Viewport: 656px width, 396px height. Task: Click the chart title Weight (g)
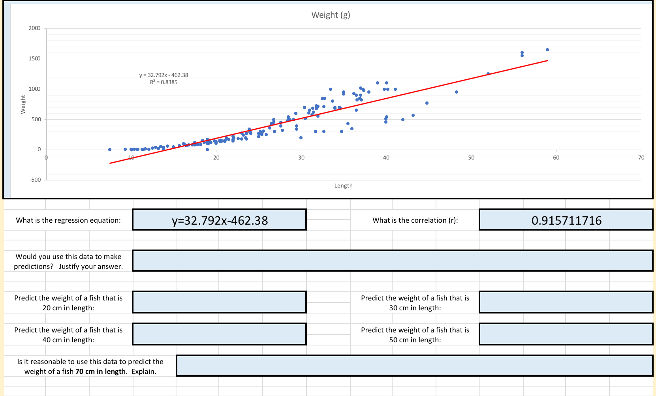point(331,15)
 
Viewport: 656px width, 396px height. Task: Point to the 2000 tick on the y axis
point(34,28)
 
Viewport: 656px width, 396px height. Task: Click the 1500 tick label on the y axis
point(34,58)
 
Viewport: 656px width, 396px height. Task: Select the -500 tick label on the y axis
point(35,180)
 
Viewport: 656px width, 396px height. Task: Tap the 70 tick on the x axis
point(641,158)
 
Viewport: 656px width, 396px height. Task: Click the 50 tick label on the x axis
point(471,158)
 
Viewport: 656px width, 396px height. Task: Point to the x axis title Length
point(343,186)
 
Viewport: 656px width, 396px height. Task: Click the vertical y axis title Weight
point(23,104)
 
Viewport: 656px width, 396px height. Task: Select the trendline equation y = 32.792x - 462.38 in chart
point(164,75)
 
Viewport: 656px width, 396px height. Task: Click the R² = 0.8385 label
point(164,82)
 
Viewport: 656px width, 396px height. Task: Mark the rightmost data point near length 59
point(547,50)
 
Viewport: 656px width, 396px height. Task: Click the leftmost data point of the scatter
point(110,150)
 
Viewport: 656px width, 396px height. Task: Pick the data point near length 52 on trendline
point(488,74)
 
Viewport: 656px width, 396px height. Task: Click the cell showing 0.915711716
point(566,220)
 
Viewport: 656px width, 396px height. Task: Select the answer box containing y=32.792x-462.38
point(220,220)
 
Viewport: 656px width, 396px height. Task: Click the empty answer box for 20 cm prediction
point(220,302)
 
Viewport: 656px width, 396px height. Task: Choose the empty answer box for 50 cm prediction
point(566,334)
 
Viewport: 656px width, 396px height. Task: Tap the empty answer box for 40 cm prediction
point(220,334)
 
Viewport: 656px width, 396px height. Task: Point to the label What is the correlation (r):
point(415,220)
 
